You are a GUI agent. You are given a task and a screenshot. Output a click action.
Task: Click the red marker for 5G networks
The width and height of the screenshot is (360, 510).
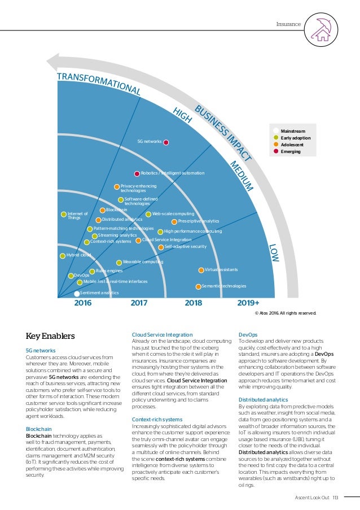click(166, 142)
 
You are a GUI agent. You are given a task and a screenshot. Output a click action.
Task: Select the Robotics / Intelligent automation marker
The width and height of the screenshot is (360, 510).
click(137, 173)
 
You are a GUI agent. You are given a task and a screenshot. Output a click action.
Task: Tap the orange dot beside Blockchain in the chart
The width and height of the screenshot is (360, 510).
click(103, 210)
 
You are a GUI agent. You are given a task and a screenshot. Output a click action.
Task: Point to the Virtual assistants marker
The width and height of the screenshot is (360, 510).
click(201, 271)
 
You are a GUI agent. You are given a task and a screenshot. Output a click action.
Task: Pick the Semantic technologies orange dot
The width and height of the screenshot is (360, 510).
click(198, 287)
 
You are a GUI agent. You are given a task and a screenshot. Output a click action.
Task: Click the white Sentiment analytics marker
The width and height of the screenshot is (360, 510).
click(77, 294)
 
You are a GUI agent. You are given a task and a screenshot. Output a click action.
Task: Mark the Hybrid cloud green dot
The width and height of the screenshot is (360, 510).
click(63, 256)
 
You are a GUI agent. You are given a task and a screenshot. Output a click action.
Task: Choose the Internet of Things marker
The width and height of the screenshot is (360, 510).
click(64, 214)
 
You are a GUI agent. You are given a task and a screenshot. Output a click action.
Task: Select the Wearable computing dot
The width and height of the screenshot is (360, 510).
click(119, 263)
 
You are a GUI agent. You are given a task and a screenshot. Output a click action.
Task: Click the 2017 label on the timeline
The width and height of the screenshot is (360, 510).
click(139, 303)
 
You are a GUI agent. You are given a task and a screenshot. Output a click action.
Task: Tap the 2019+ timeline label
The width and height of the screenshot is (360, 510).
click(248, 303)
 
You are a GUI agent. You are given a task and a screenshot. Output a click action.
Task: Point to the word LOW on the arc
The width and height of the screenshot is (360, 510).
click(274, 254)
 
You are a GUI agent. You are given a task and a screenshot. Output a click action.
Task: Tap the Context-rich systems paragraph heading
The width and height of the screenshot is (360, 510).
click(157, 419)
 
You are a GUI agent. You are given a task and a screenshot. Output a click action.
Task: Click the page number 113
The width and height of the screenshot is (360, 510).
click(335, 497)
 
